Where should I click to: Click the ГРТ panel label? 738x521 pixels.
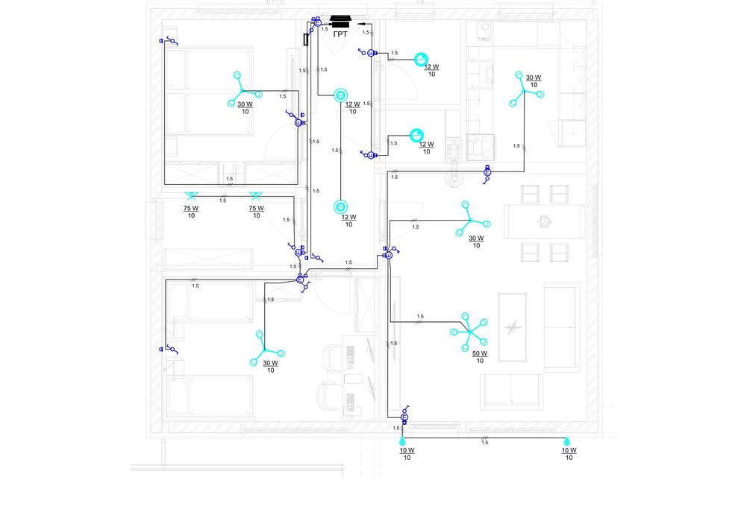tap(340, 34)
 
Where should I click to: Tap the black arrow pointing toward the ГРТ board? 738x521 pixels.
tap(362, 24)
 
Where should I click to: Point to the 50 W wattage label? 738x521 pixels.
tap(480, 353)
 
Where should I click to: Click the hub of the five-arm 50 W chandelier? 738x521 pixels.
tap(469, 332)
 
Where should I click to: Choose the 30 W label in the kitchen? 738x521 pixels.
tap(534, 78)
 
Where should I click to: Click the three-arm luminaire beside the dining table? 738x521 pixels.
tap(470, 220)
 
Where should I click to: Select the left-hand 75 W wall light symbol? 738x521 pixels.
tap(191, 195)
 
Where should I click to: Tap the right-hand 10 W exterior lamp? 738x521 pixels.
tap(567, 441)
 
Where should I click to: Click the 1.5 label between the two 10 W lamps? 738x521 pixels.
tap(484, 443)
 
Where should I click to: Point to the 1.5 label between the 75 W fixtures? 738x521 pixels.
tap(222, 200)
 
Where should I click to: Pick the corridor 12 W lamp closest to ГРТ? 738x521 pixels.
tap(340, 95)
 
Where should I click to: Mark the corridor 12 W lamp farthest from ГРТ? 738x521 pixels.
tap(340, 207)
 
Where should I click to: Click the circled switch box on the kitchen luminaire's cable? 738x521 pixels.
tap(487, 173)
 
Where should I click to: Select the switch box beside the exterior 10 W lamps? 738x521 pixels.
tap(404, 417)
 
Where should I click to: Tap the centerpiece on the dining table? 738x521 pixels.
tap(545, 221)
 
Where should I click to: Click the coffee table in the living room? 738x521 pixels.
tap(512, 327)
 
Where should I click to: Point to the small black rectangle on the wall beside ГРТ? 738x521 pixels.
tap(306, 40)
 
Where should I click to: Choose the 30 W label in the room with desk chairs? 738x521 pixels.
tap(270, 363)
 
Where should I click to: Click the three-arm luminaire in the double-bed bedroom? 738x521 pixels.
tap(242, 90)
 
